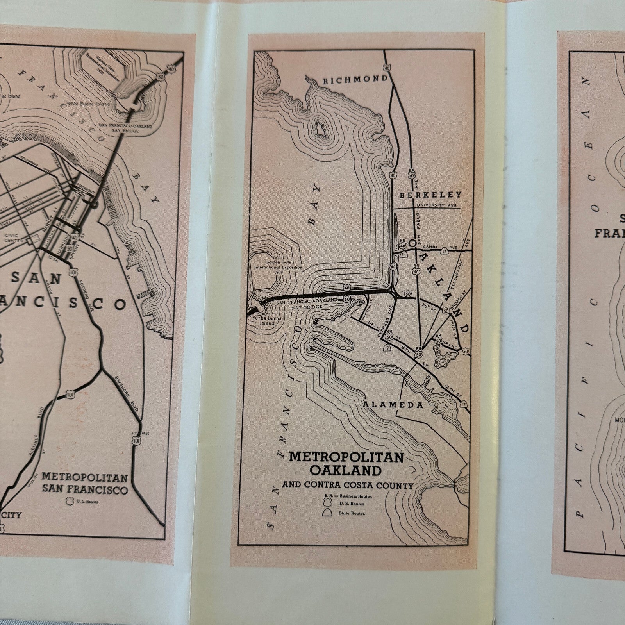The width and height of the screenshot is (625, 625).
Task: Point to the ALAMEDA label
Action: (x=393, y=405)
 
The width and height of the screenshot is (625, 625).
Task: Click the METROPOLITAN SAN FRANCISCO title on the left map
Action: (x=85, y=483)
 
